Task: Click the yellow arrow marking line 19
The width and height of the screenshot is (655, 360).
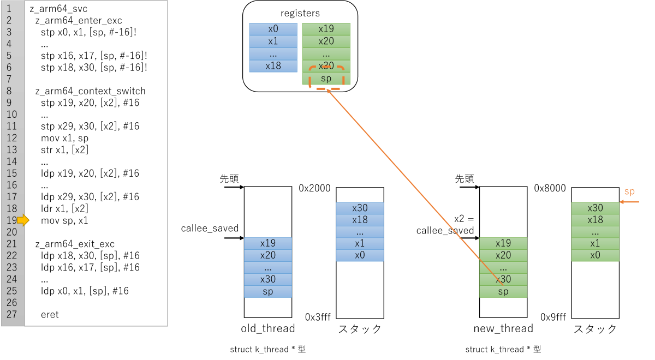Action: point(23,220)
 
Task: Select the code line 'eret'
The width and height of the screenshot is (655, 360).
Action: point(50,315)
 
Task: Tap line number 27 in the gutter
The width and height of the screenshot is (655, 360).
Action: point(11,315)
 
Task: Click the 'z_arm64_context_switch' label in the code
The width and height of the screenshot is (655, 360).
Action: point(91,91)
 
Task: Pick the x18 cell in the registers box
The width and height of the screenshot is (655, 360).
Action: point(273,66)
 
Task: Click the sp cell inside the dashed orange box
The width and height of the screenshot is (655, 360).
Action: point(326,79)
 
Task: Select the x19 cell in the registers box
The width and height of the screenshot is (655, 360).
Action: point(326,29)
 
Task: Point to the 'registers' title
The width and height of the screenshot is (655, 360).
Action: point(300,14)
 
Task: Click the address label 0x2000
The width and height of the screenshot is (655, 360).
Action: point(314,188)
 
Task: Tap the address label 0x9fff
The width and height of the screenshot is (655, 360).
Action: point(553,317)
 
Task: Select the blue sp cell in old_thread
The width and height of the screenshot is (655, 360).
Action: point(268,292)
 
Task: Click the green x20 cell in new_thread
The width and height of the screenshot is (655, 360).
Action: point(503,255)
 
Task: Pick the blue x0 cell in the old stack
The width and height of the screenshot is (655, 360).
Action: point(360,255)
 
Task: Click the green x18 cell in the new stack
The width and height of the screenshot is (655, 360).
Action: point(595,220)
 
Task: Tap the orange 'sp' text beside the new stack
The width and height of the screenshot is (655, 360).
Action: point(629,192)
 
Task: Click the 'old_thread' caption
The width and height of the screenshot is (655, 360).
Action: point(268,328)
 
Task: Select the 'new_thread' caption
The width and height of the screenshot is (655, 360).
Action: point(503,328)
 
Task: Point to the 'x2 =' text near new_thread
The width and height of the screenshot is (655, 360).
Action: point(464,219)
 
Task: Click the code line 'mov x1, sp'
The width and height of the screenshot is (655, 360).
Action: point(64,138)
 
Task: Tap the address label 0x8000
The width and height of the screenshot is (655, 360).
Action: point(550,188)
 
